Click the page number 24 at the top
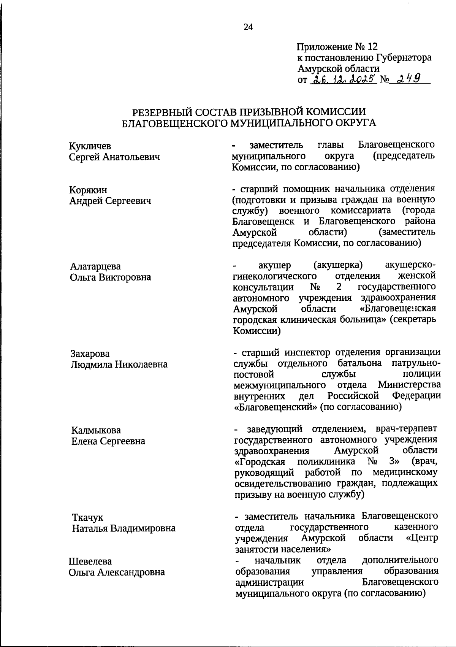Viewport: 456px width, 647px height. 248,27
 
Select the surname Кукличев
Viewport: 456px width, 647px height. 90,146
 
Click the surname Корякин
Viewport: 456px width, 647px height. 88,190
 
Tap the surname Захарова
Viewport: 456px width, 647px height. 90,354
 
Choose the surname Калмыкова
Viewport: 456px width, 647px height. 96,430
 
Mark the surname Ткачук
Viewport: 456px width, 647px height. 87,518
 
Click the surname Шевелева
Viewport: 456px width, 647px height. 90,561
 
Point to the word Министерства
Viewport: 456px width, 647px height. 410,385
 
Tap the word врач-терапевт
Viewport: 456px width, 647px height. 406,429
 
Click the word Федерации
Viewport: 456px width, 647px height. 416,396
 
